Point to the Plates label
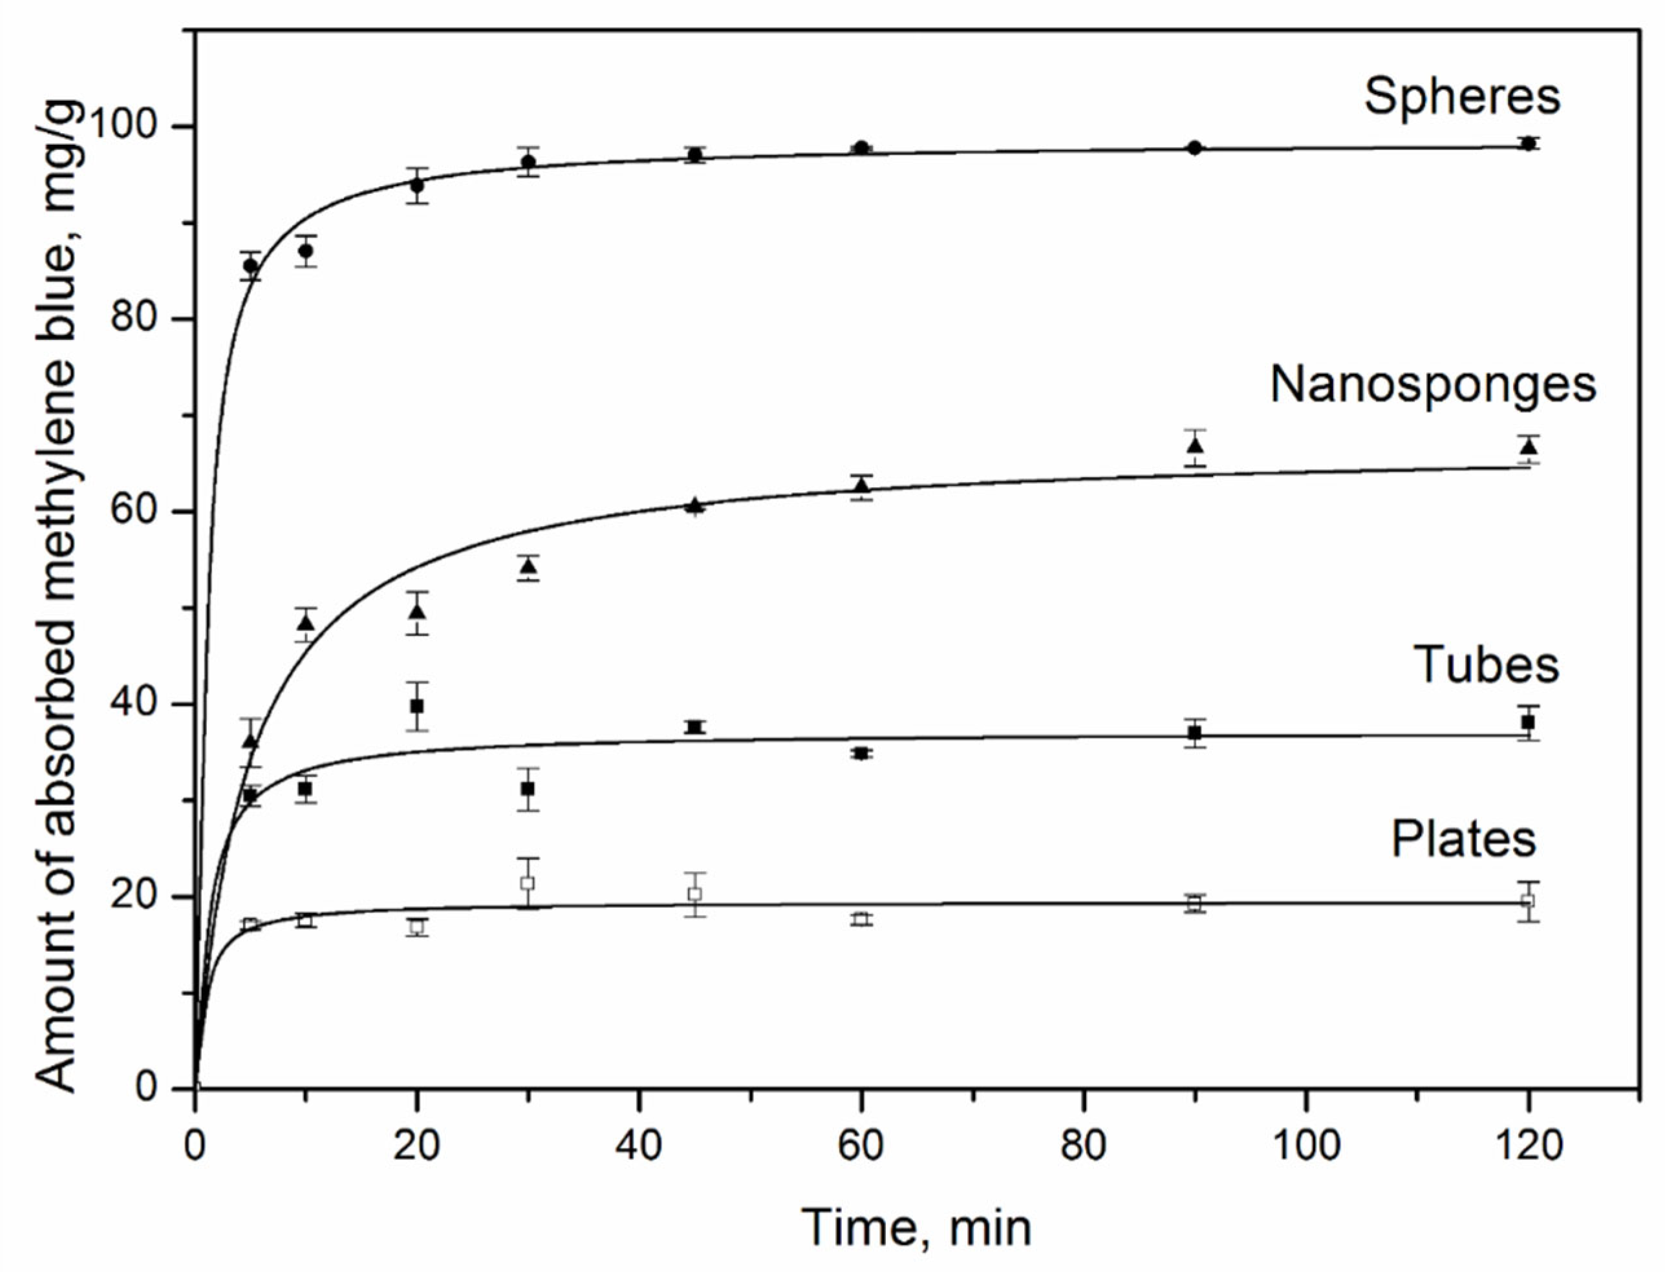(x=1463, y=839)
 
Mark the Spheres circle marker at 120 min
(x=1529, y=143)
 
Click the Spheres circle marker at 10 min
(x=305, y=251)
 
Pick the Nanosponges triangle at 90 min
(x=1195, y=445)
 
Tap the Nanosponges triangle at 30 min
(x=528, y=567)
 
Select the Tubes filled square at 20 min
(x=417, y=706)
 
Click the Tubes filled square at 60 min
(x=861, y=753)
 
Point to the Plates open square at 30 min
(x=528, y=883)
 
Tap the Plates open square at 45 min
(x=694, y=893)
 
